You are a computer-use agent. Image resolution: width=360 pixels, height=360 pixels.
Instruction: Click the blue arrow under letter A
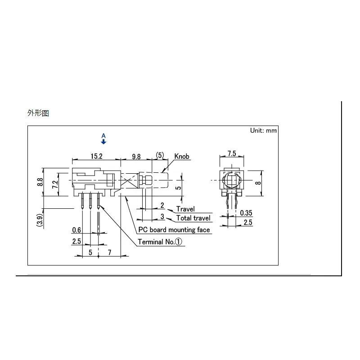103,142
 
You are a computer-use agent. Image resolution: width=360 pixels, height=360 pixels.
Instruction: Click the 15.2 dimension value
96,156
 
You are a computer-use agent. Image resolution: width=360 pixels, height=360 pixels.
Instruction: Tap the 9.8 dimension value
136,157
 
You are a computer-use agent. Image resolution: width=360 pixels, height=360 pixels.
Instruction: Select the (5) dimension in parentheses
160,155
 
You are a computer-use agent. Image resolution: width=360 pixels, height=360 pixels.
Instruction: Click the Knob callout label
182,156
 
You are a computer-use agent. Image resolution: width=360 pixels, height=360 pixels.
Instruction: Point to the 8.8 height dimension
40,182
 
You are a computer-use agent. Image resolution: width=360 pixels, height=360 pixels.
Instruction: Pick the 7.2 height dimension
55,184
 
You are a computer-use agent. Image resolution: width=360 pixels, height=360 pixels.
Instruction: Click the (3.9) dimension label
40,220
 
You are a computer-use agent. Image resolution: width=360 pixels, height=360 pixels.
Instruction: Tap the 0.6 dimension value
76,230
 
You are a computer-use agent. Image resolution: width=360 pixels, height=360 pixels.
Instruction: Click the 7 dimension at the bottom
109,252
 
